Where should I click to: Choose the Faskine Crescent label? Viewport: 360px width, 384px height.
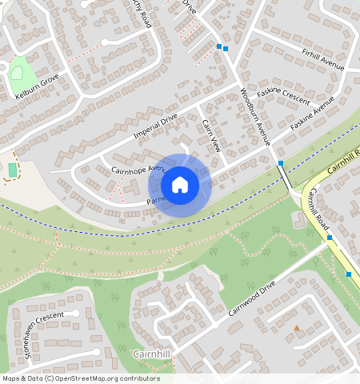click(x=284, y=100)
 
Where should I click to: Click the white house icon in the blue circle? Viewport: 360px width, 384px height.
click(x=180, y=185)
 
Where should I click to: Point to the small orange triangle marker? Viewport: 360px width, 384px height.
click(x=297, y=328)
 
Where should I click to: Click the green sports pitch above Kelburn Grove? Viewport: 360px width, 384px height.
click(x=18, y=72)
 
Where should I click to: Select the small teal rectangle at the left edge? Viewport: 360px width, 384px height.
click(x=12, y=170)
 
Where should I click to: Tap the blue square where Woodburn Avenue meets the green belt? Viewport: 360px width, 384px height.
click(x=281, y=163)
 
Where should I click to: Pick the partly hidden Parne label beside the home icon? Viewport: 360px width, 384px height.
click(x=155, y=201)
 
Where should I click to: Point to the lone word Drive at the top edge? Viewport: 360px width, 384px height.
click(x=190, y=6)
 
